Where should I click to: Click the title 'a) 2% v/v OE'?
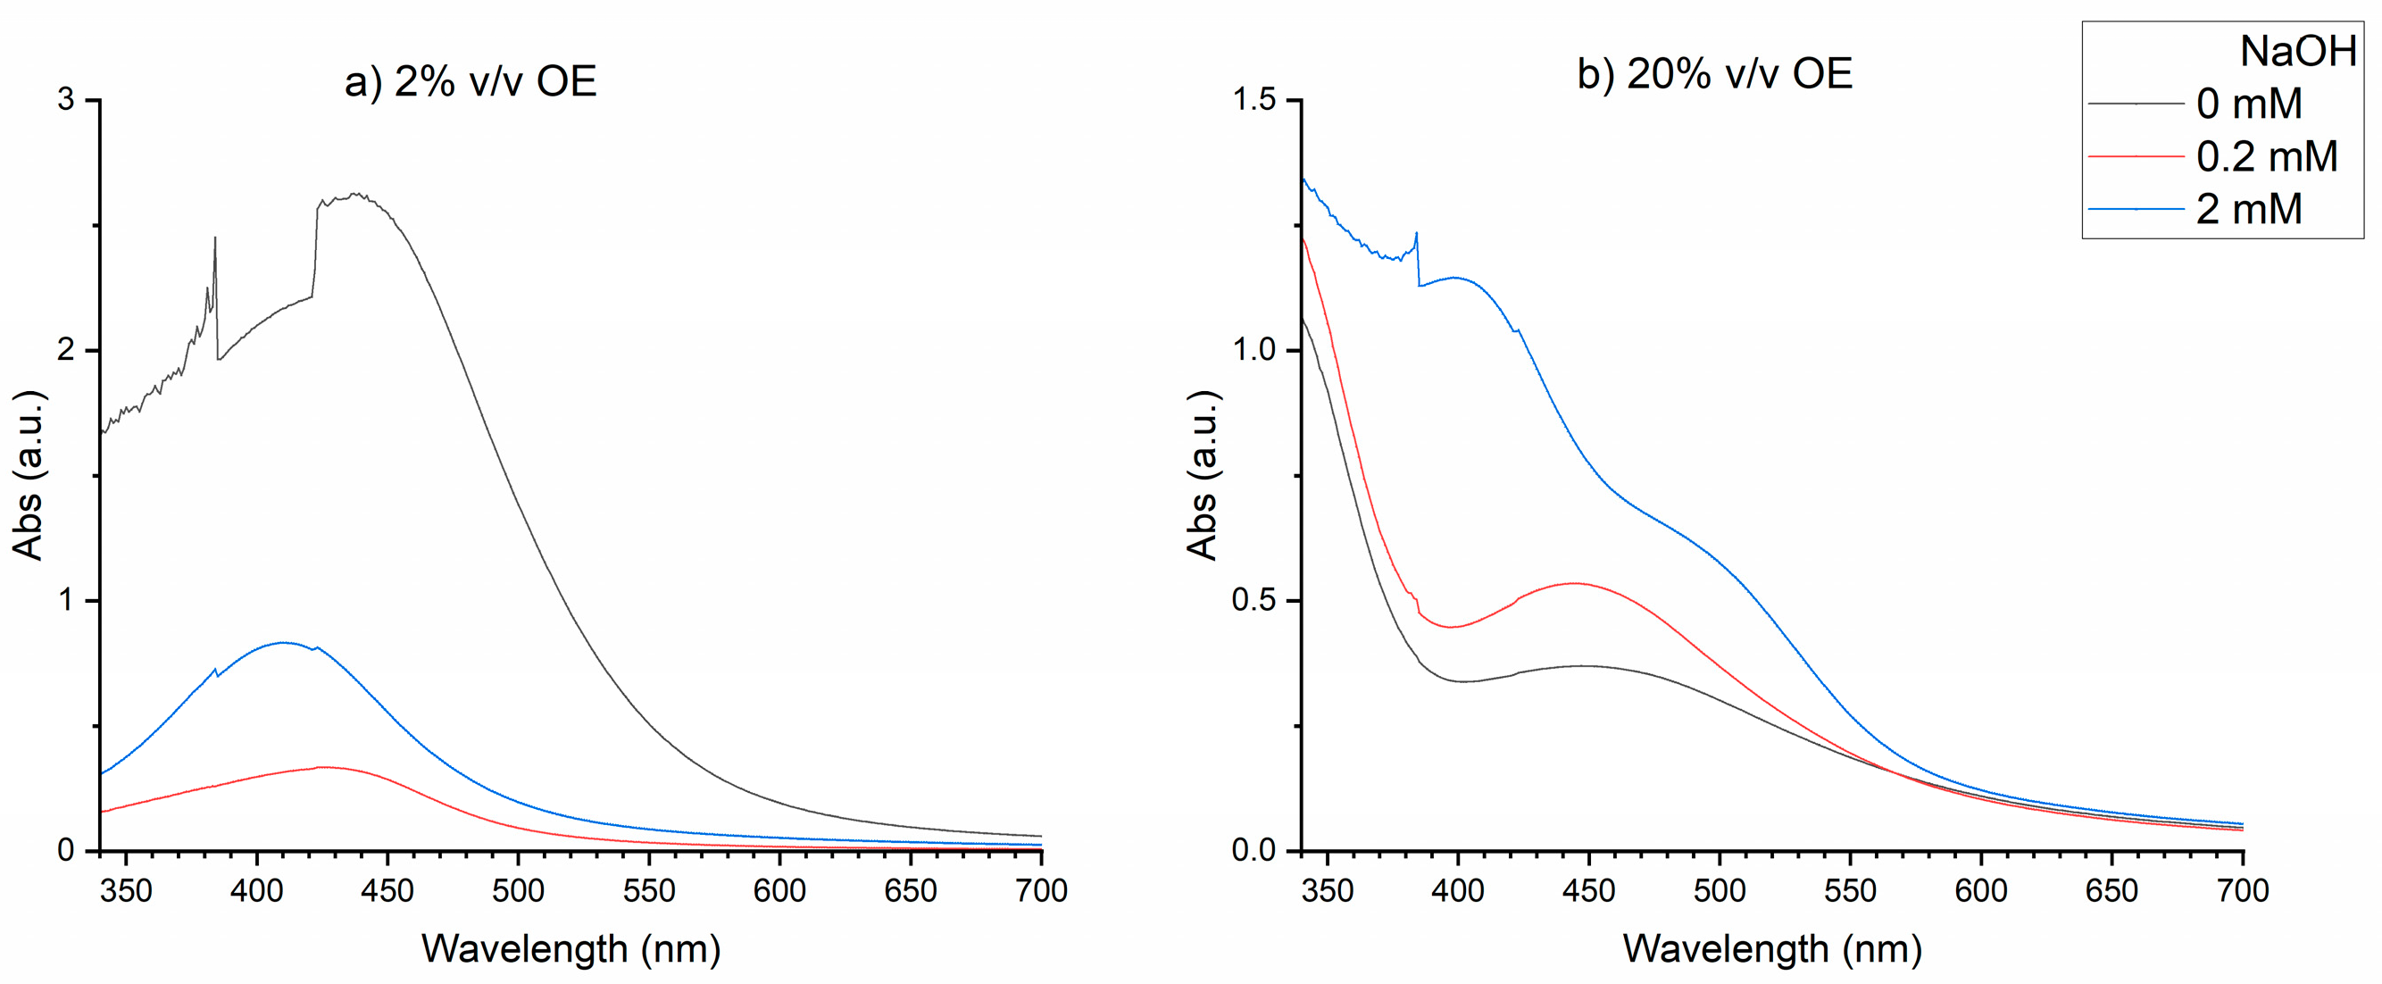(470, 81)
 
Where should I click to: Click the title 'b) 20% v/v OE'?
(1714, 74)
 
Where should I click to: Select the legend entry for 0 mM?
(2248, 104)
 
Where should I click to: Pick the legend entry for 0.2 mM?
(2266, 156)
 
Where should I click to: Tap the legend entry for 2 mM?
(2248, 209)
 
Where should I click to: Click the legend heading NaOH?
(2297, 51)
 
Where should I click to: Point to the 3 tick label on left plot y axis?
(66, 99)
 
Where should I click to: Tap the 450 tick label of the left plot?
(387, 891)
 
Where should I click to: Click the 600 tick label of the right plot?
(1980, 891)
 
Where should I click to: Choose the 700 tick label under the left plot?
(1041, 891)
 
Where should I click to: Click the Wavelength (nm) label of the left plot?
(571, 950)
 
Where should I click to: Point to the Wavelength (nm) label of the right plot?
(1771, 950)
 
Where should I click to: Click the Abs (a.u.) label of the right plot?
(1202, 475)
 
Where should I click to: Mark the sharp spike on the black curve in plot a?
(215, 239)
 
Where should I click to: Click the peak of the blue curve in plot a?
(283, 643)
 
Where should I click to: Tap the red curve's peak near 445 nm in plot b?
(1574, 584)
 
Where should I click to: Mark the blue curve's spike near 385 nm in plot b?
(1416, 234)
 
